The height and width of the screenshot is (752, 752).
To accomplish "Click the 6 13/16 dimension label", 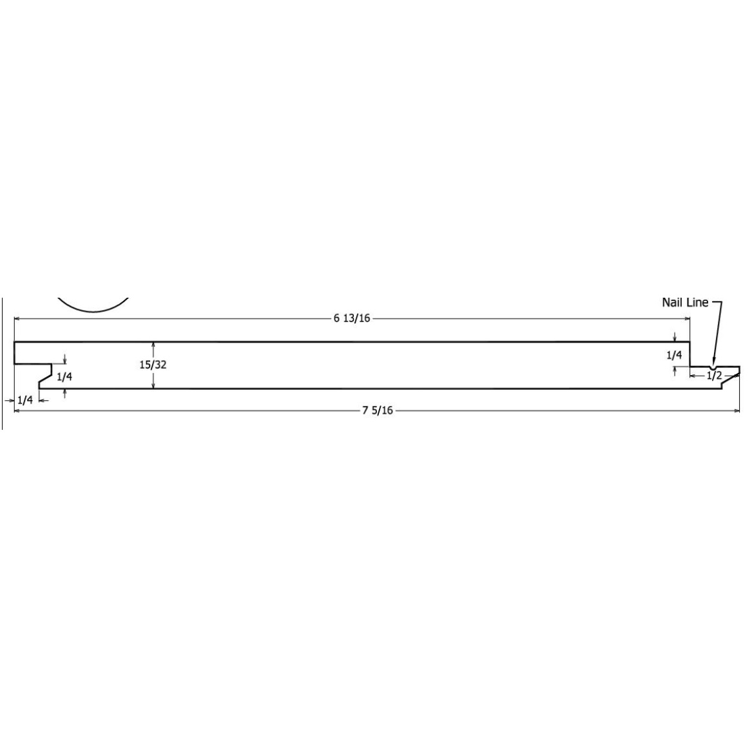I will [x=352, y=318].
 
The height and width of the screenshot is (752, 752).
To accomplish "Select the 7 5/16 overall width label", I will [x=378, y=410].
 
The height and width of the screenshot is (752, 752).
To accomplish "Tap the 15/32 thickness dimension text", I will [x=153, y=364].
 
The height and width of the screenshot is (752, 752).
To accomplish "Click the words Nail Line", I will [x=685, y=302].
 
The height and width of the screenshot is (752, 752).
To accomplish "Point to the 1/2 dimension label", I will [x=714, y=375].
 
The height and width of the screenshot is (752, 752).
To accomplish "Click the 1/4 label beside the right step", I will [x=674, y=354].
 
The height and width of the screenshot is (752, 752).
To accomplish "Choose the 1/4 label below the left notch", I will [x=25, y=400].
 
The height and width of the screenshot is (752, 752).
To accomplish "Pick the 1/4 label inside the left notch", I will [x=64, y=376].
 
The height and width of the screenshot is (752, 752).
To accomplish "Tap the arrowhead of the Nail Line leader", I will [x=713, y=361].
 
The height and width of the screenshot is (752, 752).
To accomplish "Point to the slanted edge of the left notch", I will [x=45, y=376].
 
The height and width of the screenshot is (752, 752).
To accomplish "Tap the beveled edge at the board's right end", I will [x=730, y=381].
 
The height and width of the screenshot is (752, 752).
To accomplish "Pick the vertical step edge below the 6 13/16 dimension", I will [x=690, y=354].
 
